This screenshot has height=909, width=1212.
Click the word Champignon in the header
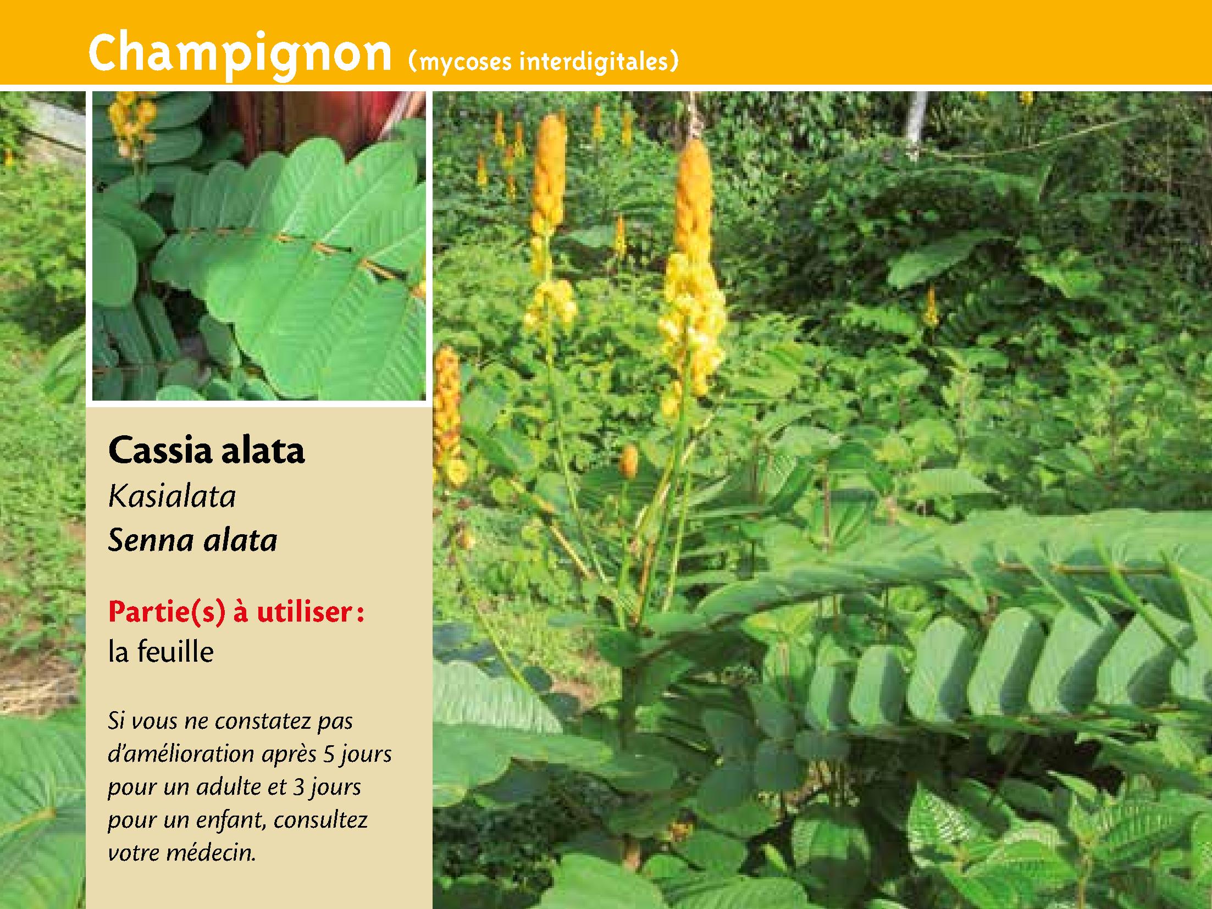pyautogui.click(x=239, y=53)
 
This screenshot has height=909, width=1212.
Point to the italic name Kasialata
pyautogui.click(x=172, y=496)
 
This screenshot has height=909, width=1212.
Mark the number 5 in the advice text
pyautogui.click(x=329, y=755)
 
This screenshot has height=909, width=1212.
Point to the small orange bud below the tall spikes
pyautogui.click(x=628, y=461)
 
